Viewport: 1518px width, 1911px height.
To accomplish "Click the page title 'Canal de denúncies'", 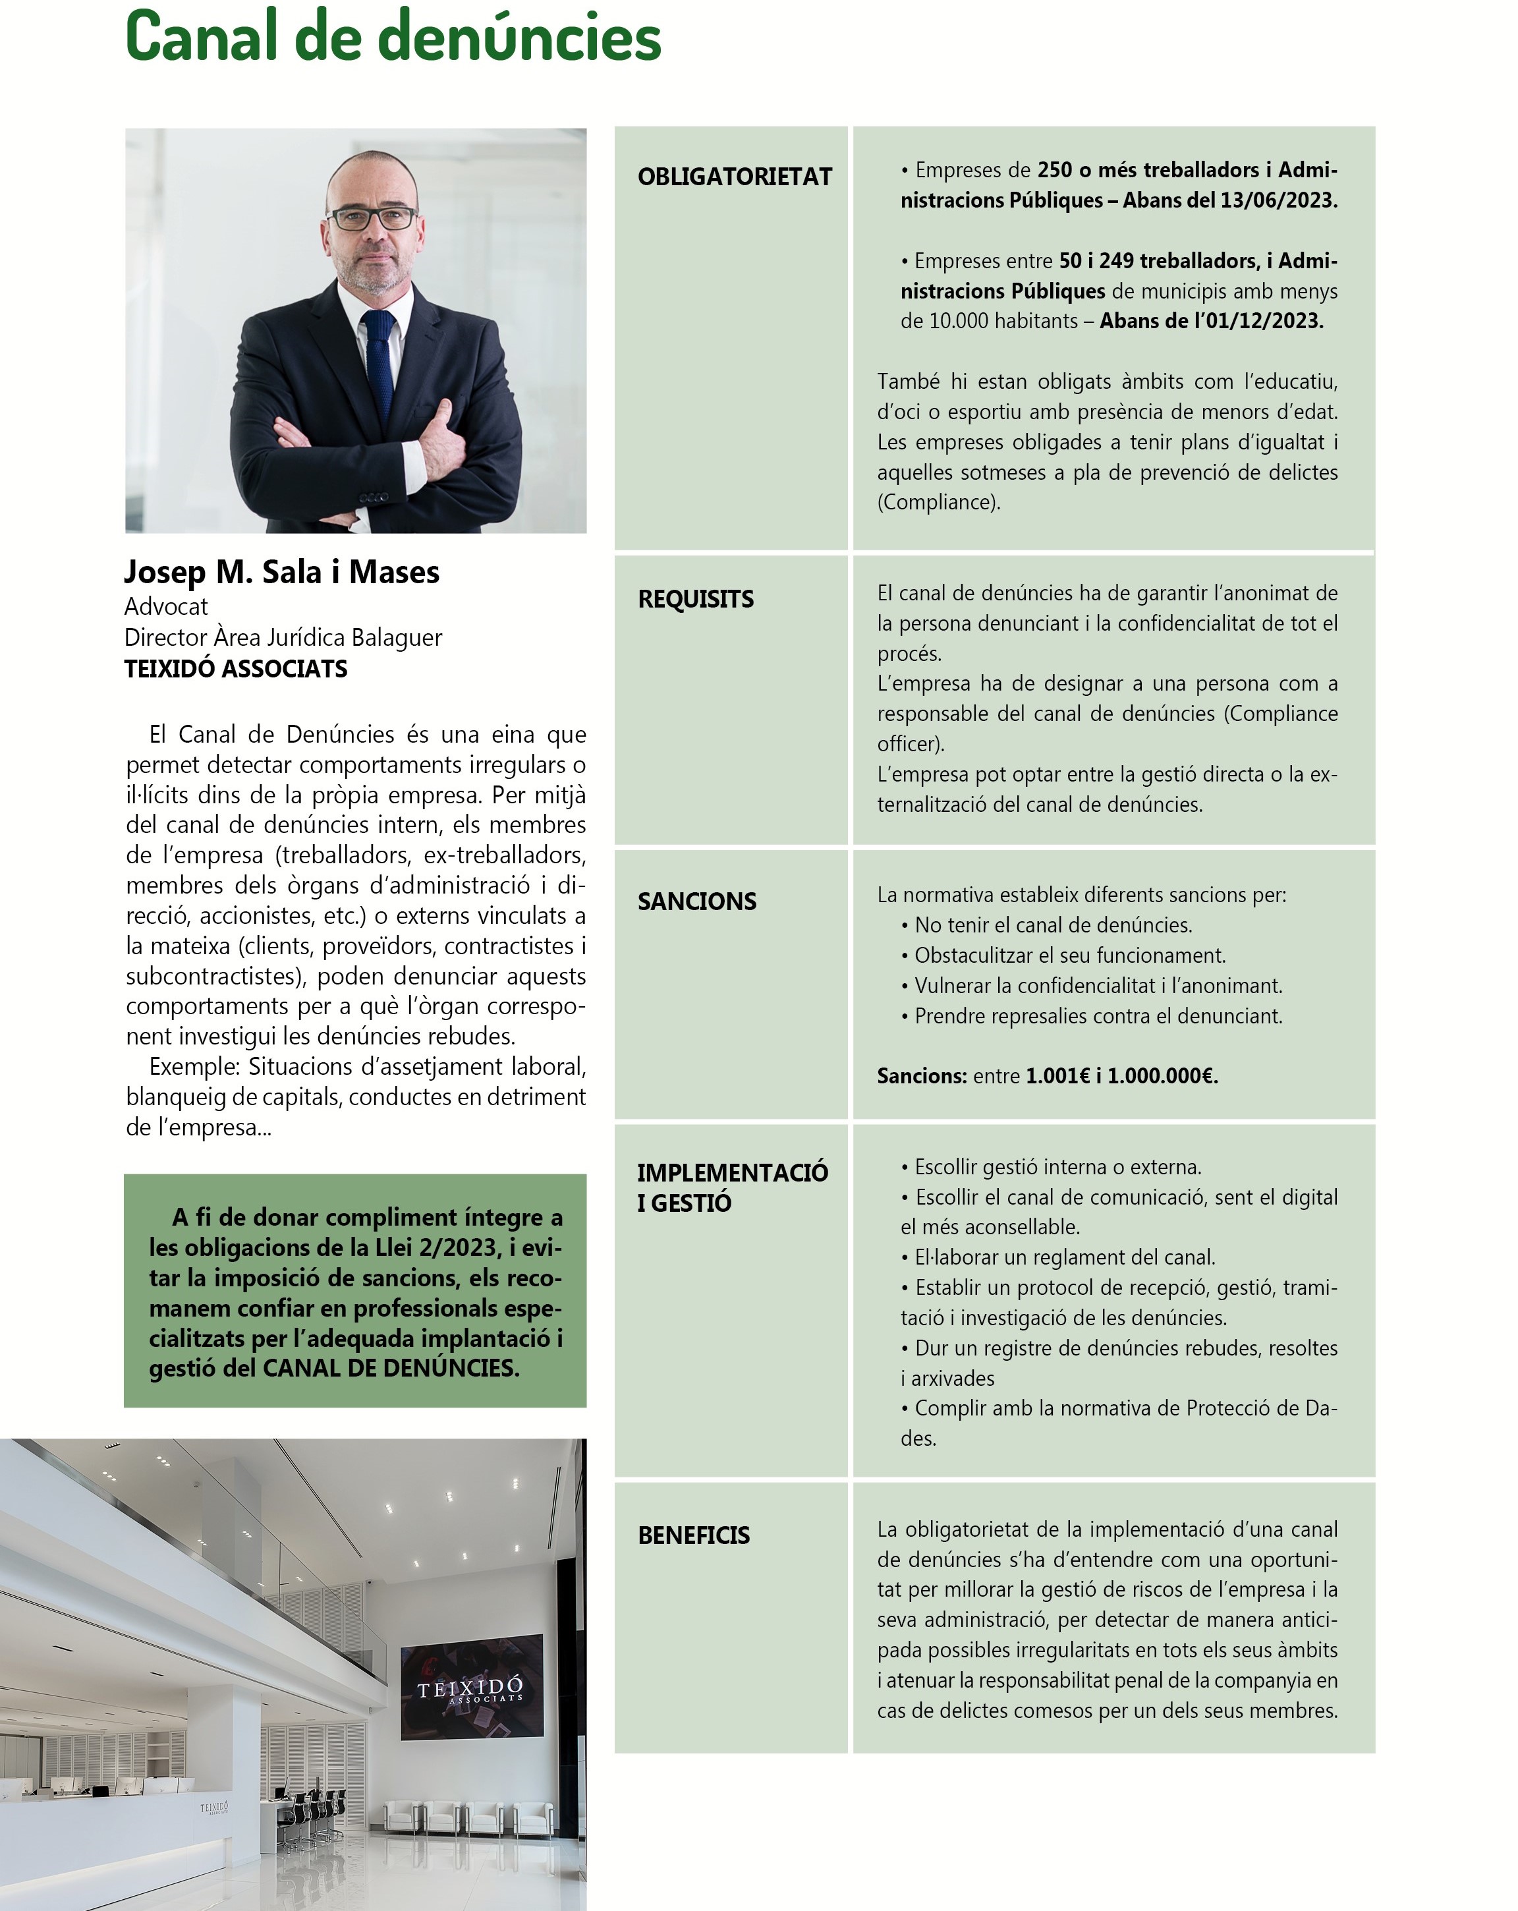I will click(x=393, y=37).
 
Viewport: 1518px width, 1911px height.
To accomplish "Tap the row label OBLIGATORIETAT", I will click(x=734, y=177).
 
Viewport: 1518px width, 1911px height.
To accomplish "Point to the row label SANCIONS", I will click(x=696, y=901).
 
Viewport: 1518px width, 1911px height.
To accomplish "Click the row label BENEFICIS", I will click(x=693, y=1536).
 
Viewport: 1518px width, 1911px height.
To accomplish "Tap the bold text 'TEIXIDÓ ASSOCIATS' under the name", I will click(x=236, y=670).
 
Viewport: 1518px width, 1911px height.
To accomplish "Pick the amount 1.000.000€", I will click(x=1162, y=1076).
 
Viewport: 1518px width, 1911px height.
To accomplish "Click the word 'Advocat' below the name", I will click(x=166, y=607).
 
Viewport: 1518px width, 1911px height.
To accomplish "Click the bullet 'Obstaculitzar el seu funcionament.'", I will click(x=1069, y=955).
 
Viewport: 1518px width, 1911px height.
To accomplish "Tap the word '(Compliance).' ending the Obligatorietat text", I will click(x=938, y=503).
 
